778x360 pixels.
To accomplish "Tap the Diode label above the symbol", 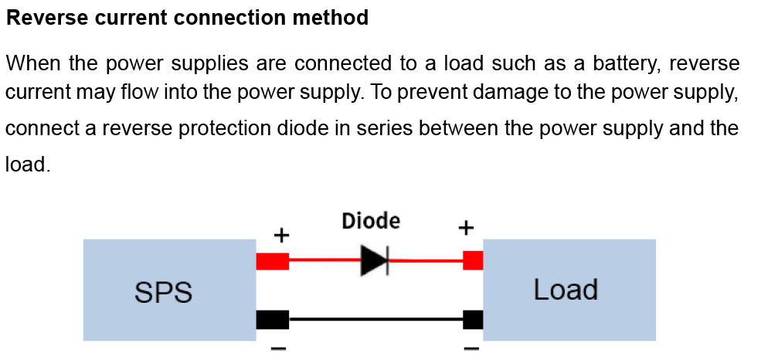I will click(371, 222).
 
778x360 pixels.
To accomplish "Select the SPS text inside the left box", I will click(163, 293).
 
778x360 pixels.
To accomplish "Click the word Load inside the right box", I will click(566, 290).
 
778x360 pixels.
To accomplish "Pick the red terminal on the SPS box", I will click(272, 261).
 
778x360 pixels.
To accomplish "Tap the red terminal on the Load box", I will click(473, 261).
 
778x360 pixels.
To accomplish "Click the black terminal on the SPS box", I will click(272, 318).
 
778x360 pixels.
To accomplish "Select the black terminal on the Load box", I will click(473, 318).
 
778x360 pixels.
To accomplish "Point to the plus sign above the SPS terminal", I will click(282, 234).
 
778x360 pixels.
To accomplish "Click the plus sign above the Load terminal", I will click(465, 228).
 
